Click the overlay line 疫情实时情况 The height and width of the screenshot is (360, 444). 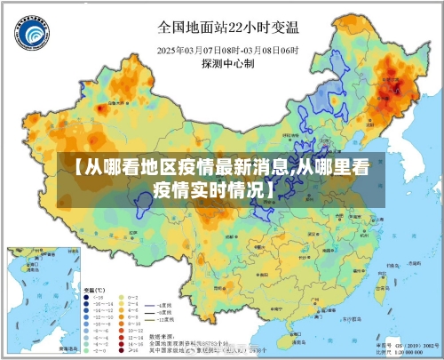pos(213,189)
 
